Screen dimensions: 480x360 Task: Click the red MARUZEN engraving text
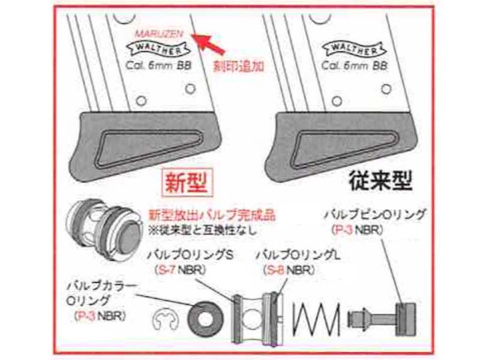(x=159, y=34)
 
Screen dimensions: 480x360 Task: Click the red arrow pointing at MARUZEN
(x=209, y=43)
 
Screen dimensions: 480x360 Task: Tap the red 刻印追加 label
(x=238, y=66)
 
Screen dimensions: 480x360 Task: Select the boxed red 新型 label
(x=187, y=183)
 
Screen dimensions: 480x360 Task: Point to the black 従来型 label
(x=380, y=181)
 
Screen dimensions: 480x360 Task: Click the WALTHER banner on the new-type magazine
(x=158, y=49)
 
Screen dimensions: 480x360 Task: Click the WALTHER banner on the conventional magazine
(x=354, y=49)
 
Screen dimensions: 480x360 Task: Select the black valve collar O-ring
(x=204, y=319)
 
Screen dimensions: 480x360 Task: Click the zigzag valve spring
(x=317, y=319)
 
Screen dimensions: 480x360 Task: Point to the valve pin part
(x=382, y=319)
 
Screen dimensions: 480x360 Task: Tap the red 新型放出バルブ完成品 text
(x=212, y=215)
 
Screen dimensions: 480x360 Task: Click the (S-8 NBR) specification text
(x=289, y=270)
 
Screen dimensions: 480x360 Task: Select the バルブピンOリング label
(x=374, y=215)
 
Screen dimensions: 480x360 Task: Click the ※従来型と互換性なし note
(x=202, y=230)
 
